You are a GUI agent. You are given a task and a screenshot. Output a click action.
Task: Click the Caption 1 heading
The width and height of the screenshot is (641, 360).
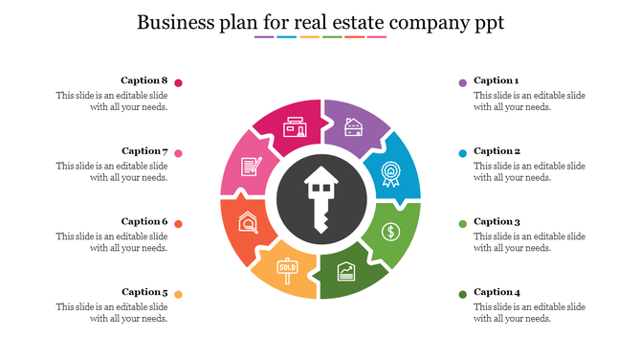coord(496,80)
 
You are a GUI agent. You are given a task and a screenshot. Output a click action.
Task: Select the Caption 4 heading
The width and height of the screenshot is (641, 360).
coord(497,292)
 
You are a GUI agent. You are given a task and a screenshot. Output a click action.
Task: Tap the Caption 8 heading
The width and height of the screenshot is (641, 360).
coord(144,80)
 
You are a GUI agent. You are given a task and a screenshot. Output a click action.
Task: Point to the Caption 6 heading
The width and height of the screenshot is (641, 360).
coord(144,221)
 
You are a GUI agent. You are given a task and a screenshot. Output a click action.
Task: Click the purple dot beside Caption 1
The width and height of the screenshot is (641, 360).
coord(462,82)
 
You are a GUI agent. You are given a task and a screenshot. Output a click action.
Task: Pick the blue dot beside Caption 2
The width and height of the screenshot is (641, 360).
coord(462,153)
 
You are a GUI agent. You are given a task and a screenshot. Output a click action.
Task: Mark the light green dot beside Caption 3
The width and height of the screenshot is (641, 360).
coord(462,224)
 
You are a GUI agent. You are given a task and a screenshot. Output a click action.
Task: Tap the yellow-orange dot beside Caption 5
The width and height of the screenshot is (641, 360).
coord(178,294)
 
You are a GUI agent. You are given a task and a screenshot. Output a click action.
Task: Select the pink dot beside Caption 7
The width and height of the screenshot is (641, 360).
coord(178,153)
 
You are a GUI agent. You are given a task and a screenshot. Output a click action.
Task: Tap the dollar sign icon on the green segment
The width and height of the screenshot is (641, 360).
coord(390,231)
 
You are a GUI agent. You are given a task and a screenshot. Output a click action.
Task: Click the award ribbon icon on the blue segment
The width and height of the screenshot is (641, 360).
coord(389,172)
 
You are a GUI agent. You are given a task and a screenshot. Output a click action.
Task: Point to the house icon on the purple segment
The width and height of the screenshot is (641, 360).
coord(353,128)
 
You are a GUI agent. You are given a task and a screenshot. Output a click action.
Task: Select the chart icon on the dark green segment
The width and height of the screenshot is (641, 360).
coord(346,273)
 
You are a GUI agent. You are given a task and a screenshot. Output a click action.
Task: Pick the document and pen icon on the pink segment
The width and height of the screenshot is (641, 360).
coord(250,166)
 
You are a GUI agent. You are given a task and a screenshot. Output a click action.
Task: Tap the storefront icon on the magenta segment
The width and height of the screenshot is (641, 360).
coord(295,127)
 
